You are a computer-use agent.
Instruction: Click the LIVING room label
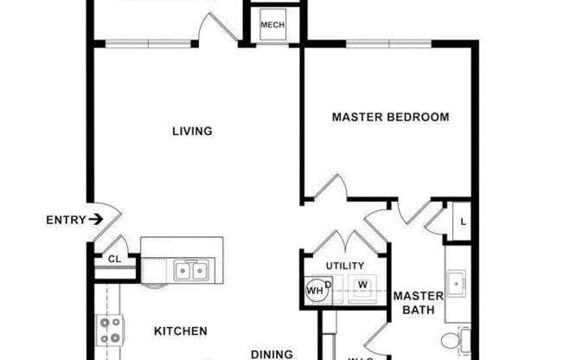[x=192, y=132]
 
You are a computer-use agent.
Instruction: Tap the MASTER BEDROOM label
[x=391, y=117]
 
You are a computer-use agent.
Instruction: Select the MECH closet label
[x=272, y=26]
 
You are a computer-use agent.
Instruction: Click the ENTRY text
[x=66, y=221]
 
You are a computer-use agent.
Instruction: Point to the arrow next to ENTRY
[x=96, y=221]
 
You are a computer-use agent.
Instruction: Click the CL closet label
[x=114, y=258]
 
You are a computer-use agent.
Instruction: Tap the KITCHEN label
[x=180, y=331]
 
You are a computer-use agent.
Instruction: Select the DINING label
[x=272, y=353]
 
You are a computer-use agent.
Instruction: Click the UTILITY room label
[x=344, y=266]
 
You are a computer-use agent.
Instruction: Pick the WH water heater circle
[x=315, y=291]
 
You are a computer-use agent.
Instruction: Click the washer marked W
[x=363, y=285]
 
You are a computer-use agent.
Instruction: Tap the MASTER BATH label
[x=419, y=304]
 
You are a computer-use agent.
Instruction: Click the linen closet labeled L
[x=463, y=222]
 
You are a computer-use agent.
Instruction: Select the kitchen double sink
[x=191, y=272]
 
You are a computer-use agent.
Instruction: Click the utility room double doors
[x=343, y=241]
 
